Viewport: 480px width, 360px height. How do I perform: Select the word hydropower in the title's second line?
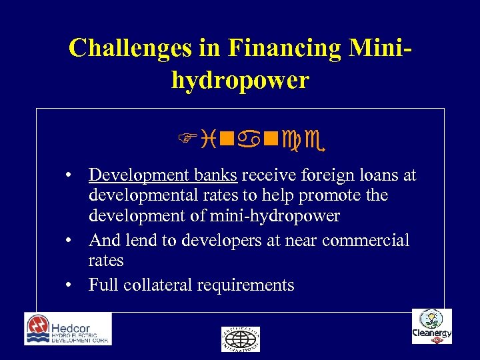(240, 80)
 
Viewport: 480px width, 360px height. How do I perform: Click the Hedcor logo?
(68, 329)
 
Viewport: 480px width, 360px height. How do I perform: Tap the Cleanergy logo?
(431, 327)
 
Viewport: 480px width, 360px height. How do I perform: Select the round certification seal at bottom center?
(240, 339)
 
